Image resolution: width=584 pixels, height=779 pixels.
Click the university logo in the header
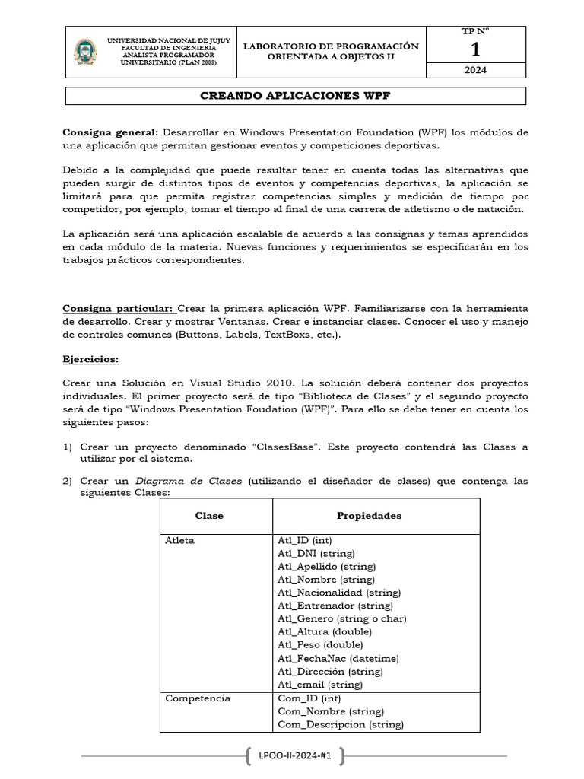[x=85, y=52]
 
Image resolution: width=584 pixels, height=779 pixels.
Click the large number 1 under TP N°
[x=475, y=50]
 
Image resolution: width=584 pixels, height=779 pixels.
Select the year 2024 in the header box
[x=475, y=70]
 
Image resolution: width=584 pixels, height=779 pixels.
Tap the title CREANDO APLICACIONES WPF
[x=295, y=97]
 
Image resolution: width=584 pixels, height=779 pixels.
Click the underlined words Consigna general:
[x=110, y=132]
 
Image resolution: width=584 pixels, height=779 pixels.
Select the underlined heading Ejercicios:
[x=90, y=358]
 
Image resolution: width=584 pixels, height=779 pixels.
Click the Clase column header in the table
[x=209, y=516]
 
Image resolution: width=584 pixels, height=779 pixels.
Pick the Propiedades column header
[x=370, y=516]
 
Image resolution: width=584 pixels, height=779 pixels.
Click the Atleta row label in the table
[x=180, y=540]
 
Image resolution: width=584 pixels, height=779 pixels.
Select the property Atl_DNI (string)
[x=316, y=553]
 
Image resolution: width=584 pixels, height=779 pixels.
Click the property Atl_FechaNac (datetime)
[x=338, y=659]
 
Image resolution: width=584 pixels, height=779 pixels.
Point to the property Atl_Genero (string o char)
[x=341, y=619]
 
